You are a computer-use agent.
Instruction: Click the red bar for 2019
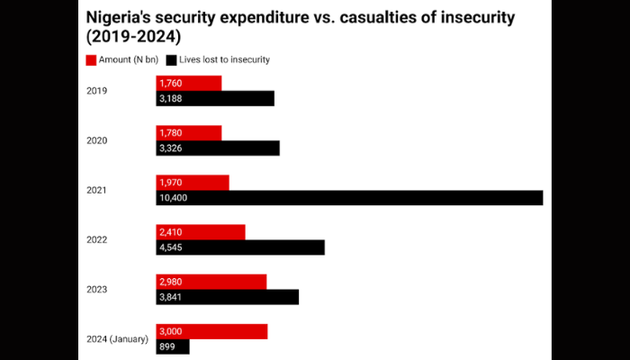coord(189,83)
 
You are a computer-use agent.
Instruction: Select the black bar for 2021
coord(350,197)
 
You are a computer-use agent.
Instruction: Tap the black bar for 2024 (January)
coord(173,346)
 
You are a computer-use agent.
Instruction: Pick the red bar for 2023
coord(211,281)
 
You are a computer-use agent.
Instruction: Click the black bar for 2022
coord(240,247)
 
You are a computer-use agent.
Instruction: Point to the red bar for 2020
coord(189,132)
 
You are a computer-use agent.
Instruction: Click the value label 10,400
coord(173,197)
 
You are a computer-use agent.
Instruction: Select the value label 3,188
coord(171,99)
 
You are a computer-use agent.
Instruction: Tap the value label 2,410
coord(171,231)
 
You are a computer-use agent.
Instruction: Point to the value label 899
coord(167,346)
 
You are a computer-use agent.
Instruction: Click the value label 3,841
coord(171,297)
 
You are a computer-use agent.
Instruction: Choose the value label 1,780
coord(171,132)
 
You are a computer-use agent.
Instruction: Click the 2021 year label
coord(97,190)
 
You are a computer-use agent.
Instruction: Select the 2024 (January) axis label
coord(116,338)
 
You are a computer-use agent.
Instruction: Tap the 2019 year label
coord(97,91)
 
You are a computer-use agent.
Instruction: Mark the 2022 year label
coord(97,239)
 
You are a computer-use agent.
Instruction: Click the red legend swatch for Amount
coord(91,59)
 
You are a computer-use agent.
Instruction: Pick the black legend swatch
coord(172,59)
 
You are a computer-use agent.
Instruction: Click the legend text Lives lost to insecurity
coord(225,59)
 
